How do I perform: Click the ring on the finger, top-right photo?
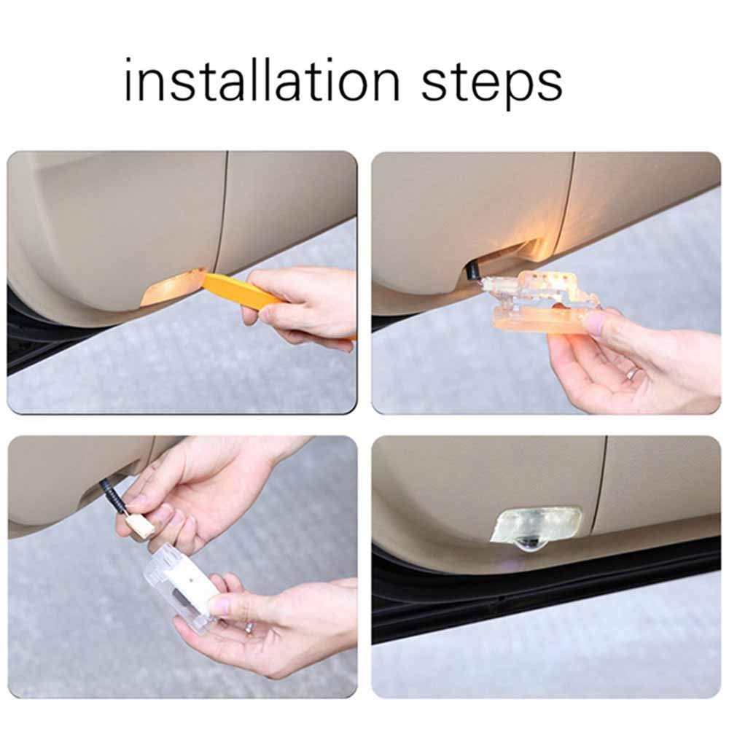pos(631,373)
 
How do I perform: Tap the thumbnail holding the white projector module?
pos(218,606)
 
